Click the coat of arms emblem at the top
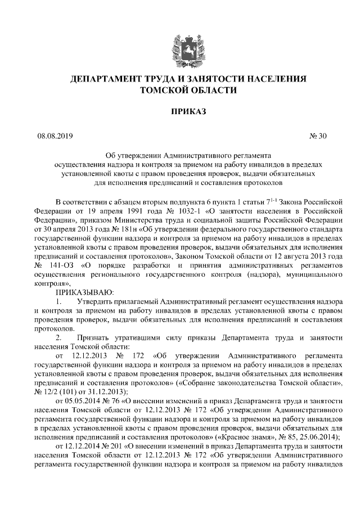(179, 44)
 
